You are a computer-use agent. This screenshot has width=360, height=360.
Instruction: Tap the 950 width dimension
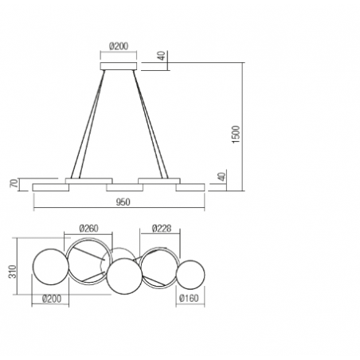click(x=123, y=203)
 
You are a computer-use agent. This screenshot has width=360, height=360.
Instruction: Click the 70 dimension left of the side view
click(x=14, y=183)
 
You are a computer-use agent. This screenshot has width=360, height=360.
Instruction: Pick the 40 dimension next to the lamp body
click(x=221, y=176)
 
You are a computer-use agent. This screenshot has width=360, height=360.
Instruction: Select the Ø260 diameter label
click(x=88, y=229)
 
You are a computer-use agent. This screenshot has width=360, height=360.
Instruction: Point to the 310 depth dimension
click(x=14, y=272)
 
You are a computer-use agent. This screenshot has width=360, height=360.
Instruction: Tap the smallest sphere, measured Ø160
click(x=190, y=275)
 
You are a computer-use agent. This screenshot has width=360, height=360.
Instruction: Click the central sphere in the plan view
click(x=124, y=279)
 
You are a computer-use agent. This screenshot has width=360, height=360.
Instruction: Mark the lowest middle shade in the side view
click(x=124, y=187)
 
